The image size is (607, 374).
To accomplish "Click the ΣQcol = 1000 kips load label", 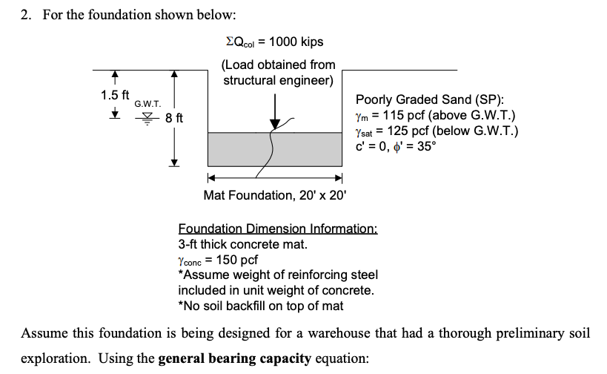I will [279, 42].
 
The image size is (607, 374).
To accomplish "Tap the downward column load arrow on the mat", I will [275, 111].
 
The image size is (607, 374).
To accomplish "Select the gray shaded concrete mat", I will [237, 149].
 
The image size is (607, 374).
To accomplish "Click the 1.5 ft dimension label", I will [115, 95].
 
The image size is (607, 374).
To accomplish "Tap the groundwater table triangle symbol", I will [152, 116].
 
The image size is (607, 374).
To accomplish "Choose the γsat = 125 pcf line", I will [437, 131].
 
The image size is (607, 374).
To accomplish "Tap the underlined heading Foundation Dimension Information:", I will [278, 229].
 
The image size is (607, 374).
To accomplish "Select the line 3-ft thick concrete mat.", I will [242, 244].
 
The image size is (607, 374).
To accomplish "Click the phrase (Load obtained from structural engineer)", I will [279, 72].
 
